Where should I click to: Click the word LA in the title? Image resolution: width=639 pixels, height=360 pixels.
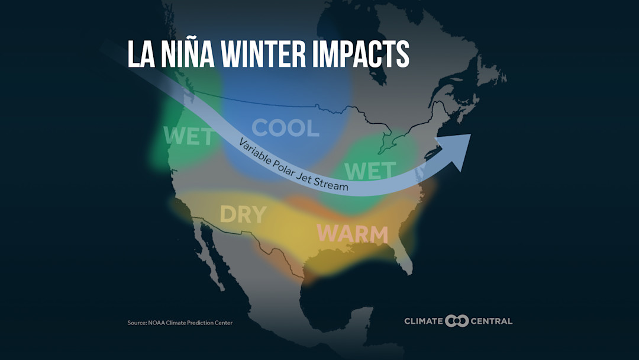coord(141,54)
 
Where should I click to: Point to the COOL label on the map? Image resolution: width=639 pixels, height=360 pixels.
coord(285,128)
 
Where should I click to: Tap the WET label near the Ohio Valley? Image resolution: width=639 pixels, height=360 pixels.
coord(370,171)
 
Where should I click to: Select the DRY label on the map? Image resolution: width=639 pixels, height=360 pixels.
coord(243,214)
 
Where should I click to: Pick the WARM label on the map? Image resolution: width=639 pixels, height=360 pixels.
coord(352,234)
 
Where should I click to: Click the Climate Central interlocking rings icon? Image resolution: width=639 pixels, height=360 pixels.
coord(457,321)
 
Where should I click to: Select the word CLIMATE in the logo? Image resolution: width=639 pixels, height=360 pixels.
coord(424,322)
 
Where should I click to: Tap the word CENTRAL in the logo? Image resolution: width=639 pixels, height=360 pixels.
coord(492,322)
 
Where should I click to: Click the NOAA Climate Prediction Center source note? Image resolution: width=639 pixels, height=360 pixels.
coord(180,323)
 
